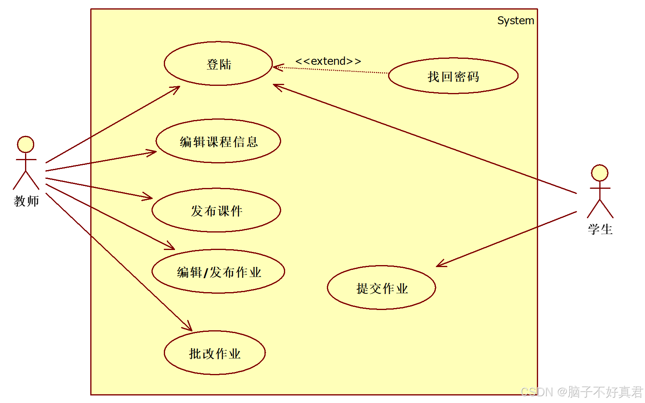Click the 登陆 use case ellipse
tap(218, 64)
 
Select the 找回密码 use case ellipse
tap(453, 76)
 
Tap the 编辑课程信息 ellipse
tap(218, 141)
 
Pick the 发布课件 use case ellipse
tap(216, 210)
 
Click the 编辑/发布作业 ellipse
tap(218, 271)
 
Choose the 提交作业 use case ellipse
tap(381, 288)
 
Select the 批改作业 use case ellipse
tap(215, 353)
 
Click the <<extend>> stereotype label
tap(328, 61)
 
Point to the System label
tap(515, 21)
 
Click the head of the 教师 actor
tap(25, 144)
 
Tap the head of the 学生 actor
tap(599, 173)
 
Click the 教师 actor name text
tap(26, 201)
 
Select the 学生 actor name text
tap(600, 229)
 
